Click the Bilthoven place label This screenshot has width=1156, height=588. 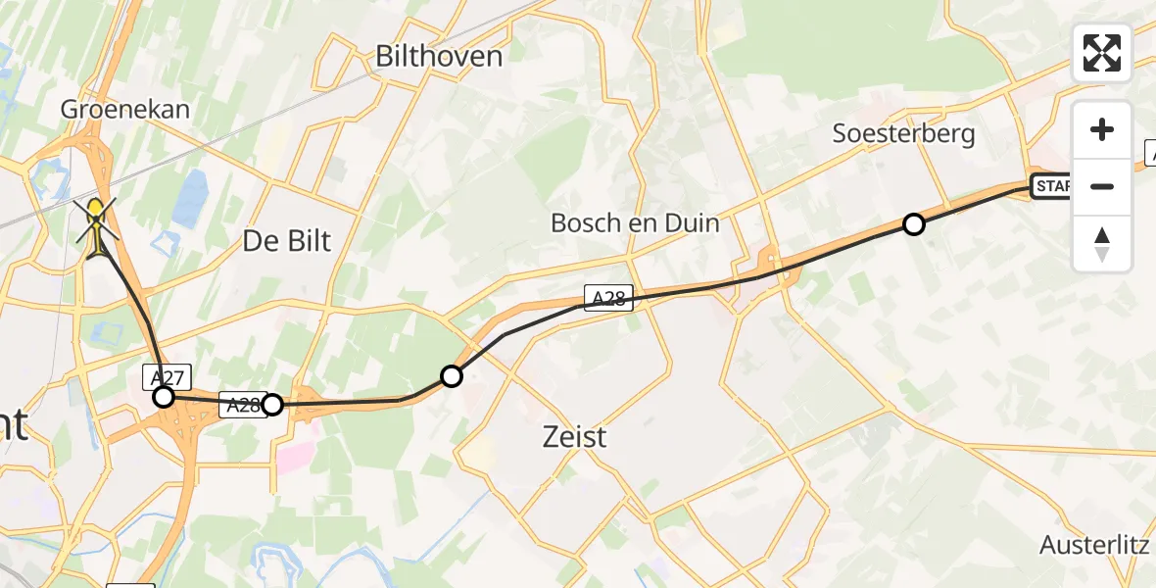coord(439,56)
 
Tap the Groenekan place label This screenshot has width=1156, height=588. coord(125,109)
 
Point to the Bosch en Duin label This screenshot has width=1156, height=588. coord(635,222)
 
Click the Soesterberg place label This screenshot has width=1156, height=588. coord(903,133)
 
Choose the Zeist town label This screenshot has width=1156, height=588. coord(575,436)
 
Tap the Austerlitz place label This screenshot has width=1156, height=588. coord(1094,545)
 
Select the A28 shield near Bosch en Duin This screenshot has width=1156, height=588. coord(608,299)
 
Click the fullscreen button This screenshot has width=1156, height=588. coord(1102,53)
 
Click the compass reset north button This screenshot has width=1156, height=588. coord(1102,244)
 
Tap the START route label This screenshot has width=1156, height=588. coord(1052,186)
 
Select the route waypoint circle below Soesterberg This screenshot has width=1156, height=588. coord(913,224)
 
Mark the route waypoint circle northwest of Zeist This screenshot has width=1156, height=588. coord(452,375)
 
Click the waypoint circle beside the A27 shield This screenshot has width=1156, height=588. coord(164,397)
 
